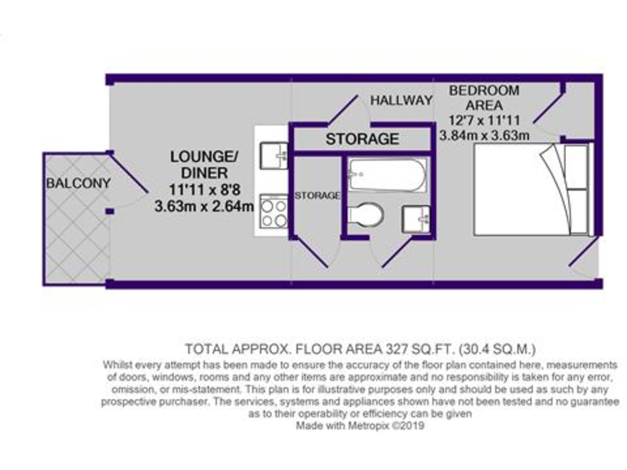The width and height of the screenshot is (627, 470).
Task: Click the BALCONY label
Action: pyautogui.click(x=78, y=183)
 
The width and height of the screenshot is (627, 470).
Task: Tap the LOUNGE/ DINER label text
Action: pyautogui.click(x=204, y=163)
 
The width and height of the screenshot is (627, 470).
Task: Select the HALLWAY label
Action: pyautogui.click(x=401, y=100)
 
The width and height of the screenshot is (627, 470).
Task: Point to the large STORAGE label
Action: pyautogui.click(x=362, y=139)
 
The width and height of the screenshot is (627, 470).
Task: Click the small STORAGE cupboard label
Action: pyautogui.click(x=317, y=196)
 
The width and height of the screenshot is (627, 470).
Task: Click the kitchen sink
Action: pyautogui.click(x=273, y=153)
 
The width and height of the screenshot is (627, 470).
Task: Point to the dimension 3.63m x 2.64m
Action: pyautogui.click(x=204, y=206)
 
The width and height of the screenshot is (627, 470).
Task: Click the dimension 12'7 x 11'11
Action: pyautogui.click(x=484, y=120)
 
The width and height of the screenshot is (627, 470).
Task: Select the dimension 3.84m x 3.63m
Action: pyautogui.click(x=485, y=135)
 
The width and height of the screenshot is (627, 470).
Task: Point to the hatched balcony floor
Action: pyautogui.click(x=75, y=237)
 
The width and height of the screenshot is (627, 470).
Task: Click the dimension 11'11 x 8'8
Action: pyautogui.click(x=204, y=192)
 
